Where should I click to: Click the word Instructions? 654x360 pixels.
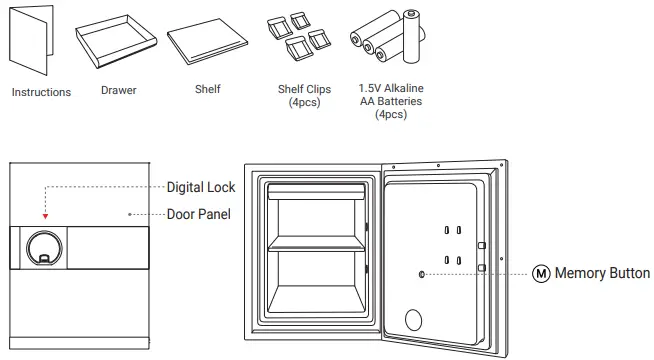point(41,92)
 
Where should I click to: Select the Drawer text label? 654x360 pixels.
point(119,90)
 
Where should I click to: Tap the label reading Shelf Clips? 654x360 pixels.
point(304,90)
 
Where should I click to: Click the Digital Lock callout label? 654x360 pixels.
point(201,187)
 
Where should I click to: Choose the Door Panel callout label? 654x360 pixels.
point(198,214)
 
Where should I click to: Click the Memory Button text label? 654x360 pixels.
point(602,273)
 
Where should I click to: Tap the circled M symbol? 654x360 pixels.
point(541,273)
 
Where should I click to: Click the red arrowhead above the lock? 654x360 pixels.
point(44,216)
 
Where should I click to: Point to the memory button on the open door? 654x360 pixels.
point(422,273)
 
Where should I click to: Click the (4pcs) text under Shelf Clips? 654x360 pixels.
point(304,103)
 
